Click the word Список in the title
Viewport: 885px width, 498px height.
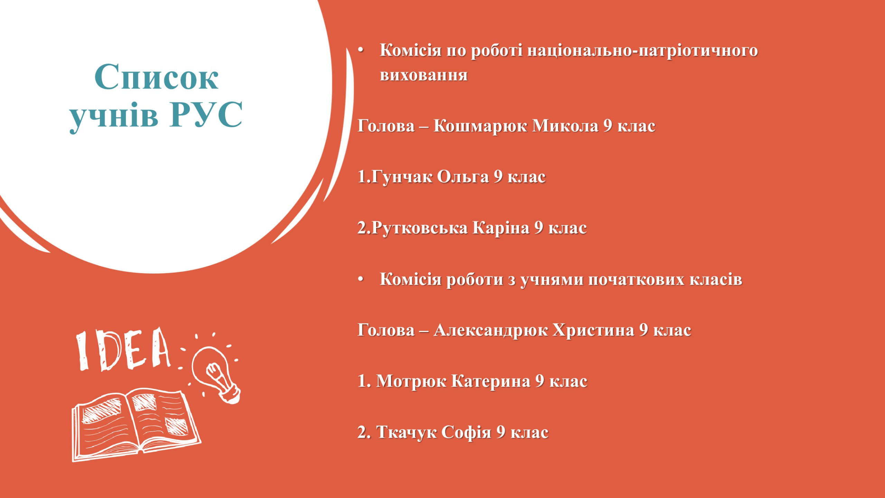pyautogui.click(x=156, y=77)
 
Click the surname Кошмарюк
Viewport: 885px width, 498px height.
pyautogui.click(x=481, y=126)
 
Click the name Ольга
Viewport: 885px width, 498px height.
pyautogui.click(x=463, y=176)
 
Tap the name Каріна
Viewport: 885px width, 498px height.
pyautogui.click(x=501, y=228)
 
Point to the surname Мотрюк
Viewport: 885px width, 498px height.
pyautogui.click(x=411, y=381)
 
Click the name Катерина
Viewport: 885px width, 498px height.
pyautogui.click(x=491, y=381)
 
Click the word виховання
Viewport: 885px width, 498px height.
pyautogui.click(x=424, y=75)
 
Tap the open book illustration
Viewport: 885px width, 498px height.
pyautogui.click(x=136, y=425)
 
